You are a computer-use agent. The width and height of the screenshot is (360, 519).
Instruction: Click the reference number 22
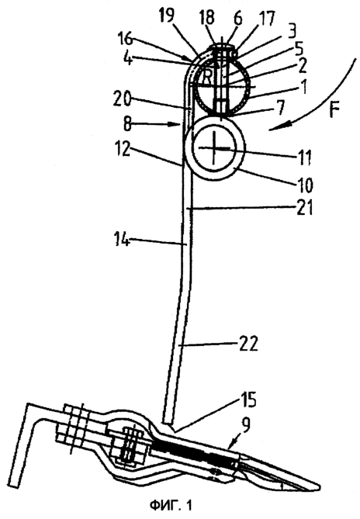(x=247, y=344)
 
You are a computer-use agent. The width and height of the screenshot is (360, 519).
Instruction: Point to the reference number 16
(x=125, y=40)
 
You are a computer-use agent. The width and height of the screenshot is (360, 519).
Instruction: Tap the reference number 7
(x=281, y=110)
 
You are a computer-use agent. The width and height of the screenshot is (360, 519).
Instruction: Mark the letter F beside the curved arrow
(x=334, y=110)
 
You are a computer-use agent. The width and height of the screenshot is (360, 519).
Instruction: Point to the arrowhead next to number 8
(x=176, y=124)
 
